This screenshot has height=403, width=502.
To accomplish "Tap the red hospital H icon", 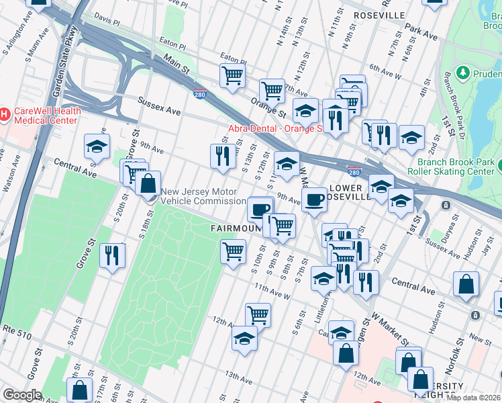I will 4,115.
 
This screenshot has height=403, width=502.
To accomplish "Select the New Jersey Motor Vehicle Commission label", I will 213,196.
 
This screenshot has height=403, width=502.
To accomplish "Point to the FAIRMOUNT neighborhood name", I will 235,228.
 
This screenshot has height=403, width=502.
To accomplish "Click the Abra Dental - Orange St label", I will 276,128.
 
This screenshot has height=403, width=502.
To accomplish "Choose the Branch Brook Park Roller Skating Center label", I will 459,167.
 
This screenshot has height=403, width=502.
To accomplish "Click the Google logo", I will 22,395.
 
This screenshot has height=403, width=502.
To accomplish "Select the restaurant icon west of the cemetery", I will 112,255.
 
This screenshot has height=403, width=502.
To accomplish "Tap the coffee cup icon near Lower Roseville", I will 313,199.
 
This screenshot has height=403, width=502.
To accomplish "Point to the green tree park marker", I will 462,72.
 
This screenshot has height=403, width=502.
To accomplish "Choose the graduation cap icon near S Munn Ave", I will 97,146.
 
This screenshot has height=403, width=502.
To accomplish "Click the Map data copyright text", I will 474,398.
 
